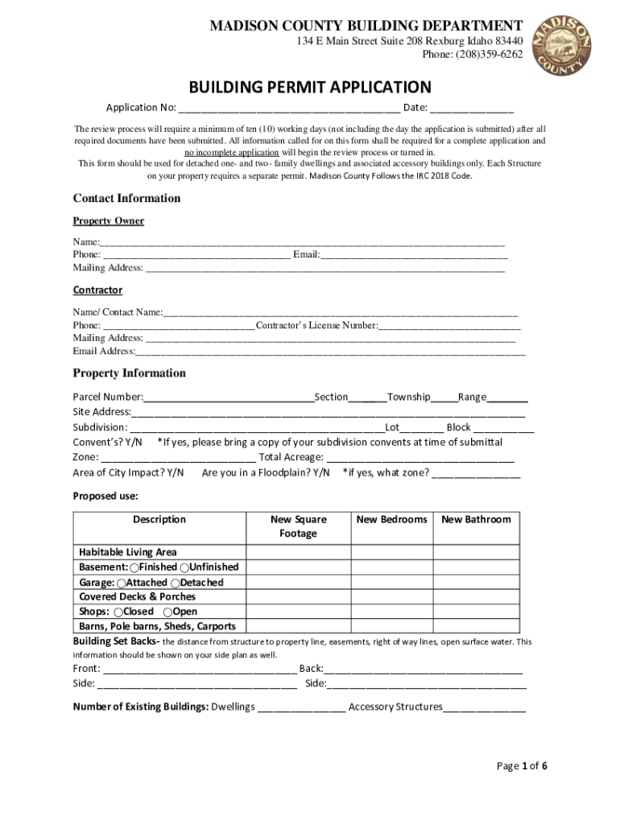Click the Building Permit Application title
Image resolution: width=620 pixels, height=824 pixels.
(310, 87)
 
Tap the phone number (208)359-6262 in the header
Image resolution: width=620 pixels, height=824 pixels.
(472, 55)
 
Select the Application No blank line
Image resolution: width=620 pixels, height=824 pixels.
(289, 109)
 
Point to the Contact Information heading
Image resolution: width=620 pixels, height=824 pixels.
(126, 198)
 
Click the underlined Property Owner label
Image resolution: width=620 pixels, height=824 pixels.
(109, 220)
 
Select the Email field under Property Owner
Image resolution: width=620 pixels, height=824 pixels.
(414, 255)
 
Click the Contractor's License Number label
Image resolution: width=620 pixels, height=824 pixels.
(316, 325)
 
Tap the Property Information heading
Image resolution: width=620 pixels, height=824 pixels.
(129, 373)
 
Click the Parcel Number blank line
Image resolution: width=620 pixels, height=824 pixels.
(229, 397)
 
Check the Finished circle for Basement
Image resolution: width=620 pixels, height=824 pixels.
(134, 567)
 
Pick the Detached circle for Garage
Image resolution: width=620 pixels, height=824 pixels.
(176, 583)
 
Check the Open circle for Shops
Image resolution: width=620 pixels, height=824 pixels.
(167, 612)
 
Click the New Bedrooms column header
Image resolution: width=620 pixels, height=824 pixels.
(391, 519)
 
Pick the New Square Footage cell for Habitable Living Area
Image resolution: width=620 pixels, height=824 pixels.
(298, 552)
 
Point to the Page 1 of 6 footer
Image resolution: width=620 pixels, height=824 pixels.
(522, 765)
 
